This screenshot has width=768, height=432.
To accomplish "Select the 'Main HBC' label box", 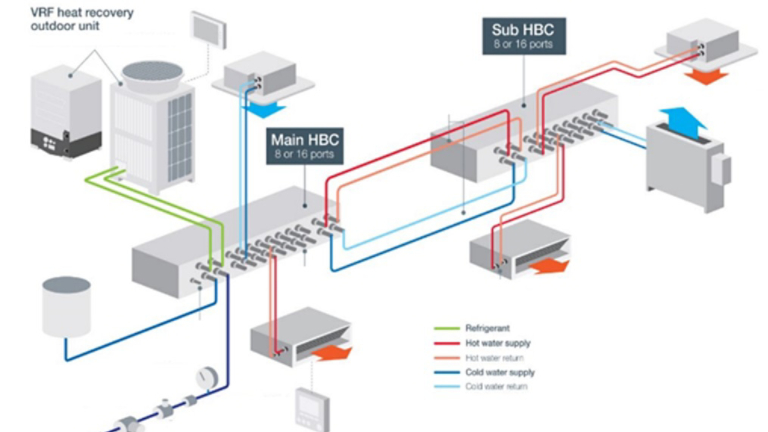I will point(305,144).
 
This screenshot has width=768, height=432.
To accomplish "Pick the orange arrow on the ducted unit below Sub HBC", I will point(547,268).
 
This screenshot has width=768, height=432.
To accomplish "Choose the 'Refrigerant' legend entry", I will point(485,327).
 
